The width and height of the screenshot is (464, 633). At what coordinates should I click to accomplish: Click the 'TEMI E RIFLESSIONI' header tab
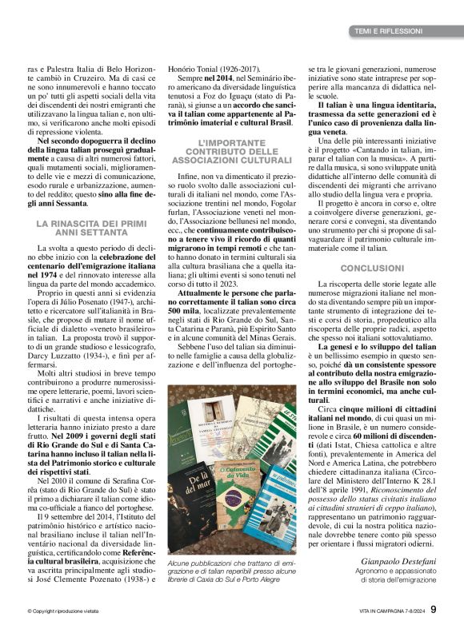(388, 31)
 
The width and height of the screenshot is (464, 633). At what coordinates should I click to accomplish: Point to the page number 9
(434, 610)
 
